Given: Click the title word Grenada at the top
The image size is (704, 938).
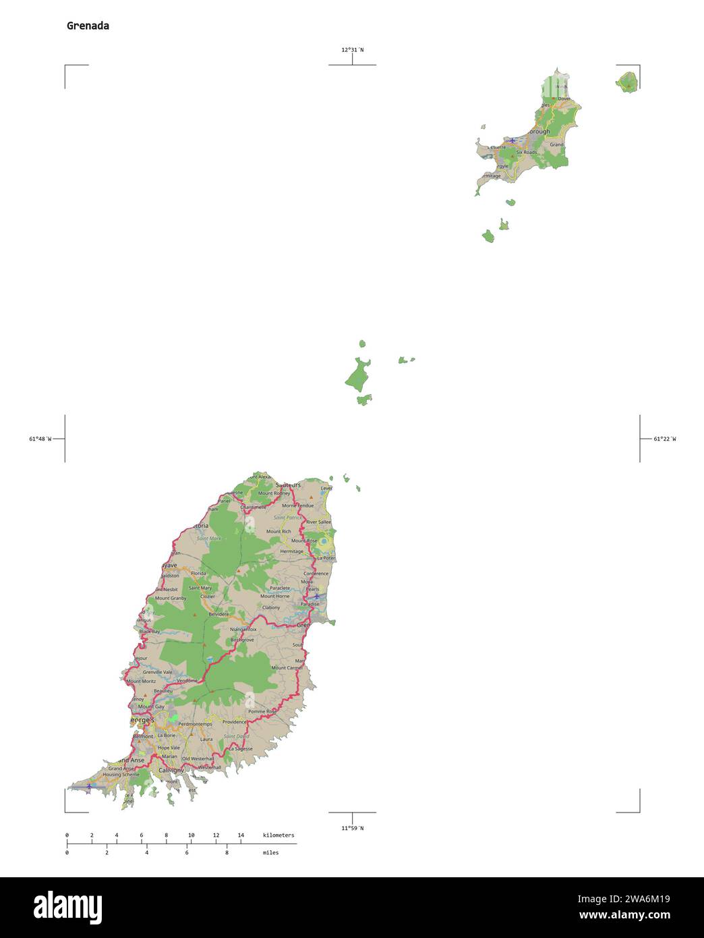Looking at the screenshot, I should tap(88, 26).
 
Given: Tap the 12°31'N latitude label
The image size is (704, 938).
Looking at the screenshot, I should tap(352, 49).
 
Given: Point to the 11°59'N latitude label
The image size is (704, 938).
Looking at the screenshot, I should tap(352, 828).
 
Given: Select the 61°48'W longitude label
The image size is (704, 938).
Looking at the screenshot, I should tap(40, 439).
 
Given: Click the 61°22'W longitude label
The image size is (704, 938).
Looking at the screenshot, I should tap(664, 439).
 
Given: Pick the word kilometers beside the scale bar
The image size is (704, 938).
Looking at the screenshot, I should tap(278, 835).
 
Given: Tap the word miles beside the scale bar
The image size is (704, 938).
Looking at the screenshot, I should tap(270, 852).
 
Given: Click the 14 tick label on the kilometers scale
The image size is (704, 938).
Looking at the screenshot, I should tap(241, 835).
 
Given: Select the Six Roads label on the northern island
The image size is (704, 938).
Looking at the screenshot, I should tap(527, 153).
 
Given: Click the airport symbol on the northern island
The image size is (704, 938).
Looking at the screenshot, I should tap(513, 140).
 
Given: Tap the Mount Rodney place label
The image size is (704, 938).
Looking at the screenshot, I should tap(274, 493).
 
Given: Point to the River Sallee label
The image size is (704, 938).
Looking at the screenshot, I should tap(318, 522).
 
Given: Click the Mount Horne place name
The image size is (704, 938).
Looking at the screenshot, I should tap(274, 596).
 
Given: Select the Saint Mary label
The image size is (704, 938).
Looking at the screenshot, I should tap(200, 588).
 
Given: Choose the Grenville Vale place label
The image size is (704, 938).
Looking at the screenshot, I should tap(157, 672).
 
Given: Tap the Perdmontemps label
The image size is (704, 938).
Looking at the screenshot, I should tap(195, 724).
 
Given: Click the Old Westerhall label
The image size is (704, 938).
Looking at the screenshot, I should tap(198, 758).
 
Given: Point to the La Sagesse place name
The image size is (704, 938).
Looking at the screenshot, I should tap(241, 748).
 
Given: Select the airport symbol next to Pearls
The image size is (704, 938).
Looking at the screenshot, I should tap(316, 597).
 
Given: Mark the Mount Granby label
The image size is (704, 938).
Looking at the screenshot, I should tap(171, 598).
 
